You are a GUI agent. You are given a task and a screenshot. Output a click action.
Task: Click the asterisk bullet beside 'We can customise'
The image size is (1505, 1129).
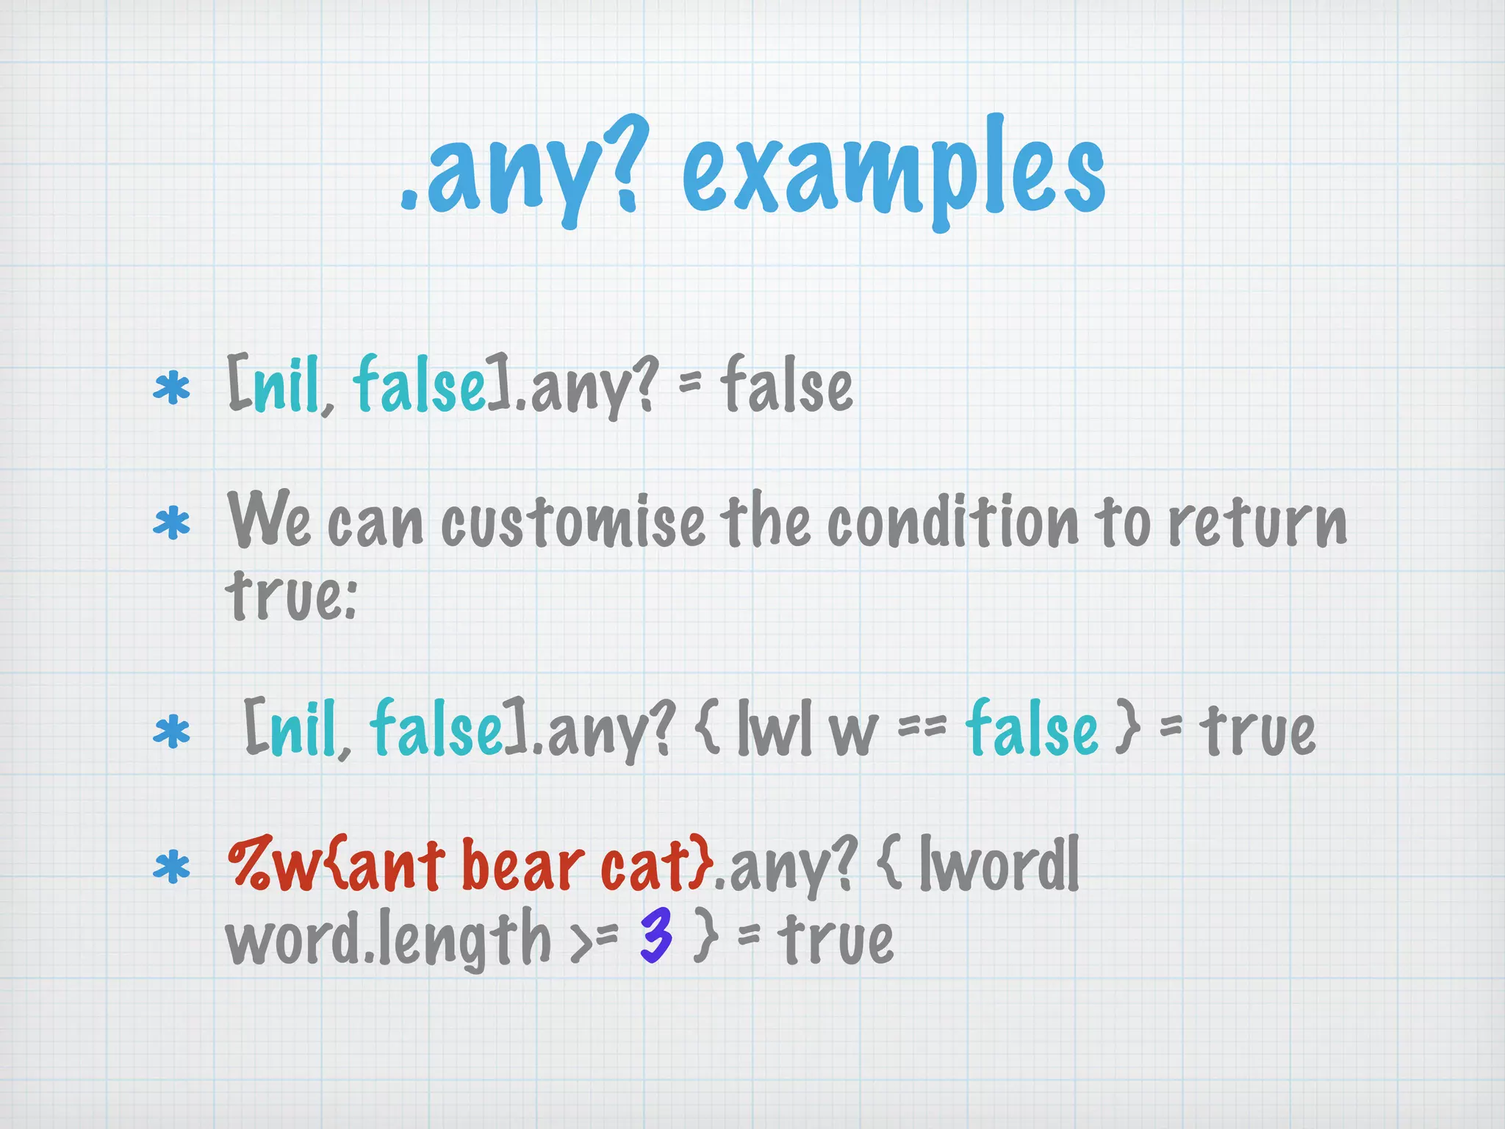point(171,523)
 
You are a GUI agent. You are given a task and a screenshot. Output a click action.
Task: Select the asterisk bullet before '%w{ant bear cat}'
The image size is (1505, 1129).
point(171,867)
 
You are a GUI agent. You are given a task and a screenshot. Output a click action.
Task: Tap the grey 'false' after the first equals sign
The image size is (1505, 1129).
point(786,386)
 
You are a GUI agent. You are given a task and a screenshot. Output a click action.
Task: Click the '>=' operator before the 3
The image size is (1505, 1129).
point(595,941)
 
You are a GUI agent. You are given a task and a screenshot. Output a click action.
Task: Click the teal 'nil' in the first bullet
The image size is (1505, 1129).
point(287,386)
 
